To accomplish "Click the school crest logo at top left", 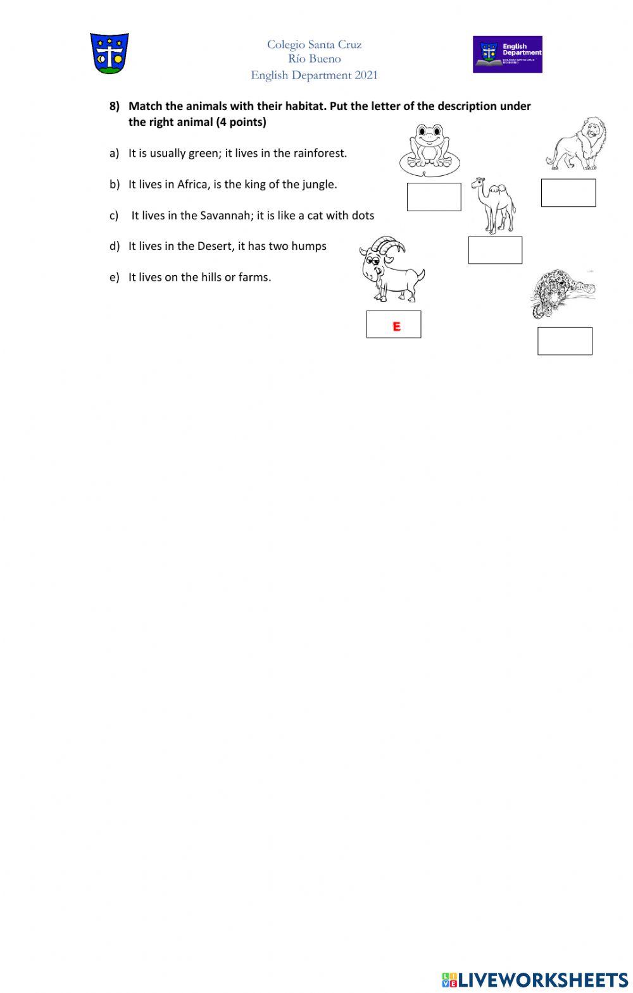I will pyautogui.click(x=110, y=54).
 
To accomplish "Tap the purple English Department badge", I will pyautogui.click(x=507, y=54).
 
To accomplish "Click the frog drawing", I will pyautogui.click(x=427, y=150).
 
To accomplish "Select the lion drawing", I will pyautogui.click(x=577, y=144).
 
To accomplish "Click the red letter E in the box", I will pyautogui.click(x=396, y=326).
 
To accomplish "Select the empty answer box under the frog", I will pyautogui.click(x=434, y=197).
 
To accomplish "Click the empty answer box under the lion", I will pyautogui.click(x=568, y=193).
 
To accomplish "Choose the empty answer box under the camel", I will pyautogui.click(x=495, y=250).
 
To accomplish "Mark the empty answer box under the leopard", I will pyautogui.click(x=565, y=341).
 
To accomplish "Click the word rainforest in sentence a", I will pyautogui.click(x=320, y=153).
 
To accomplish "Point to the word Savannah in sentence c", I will pyautogui.click(x=226, y=216).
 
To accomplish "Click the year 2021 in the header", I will pyautogui.click(x=366, y=75).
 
